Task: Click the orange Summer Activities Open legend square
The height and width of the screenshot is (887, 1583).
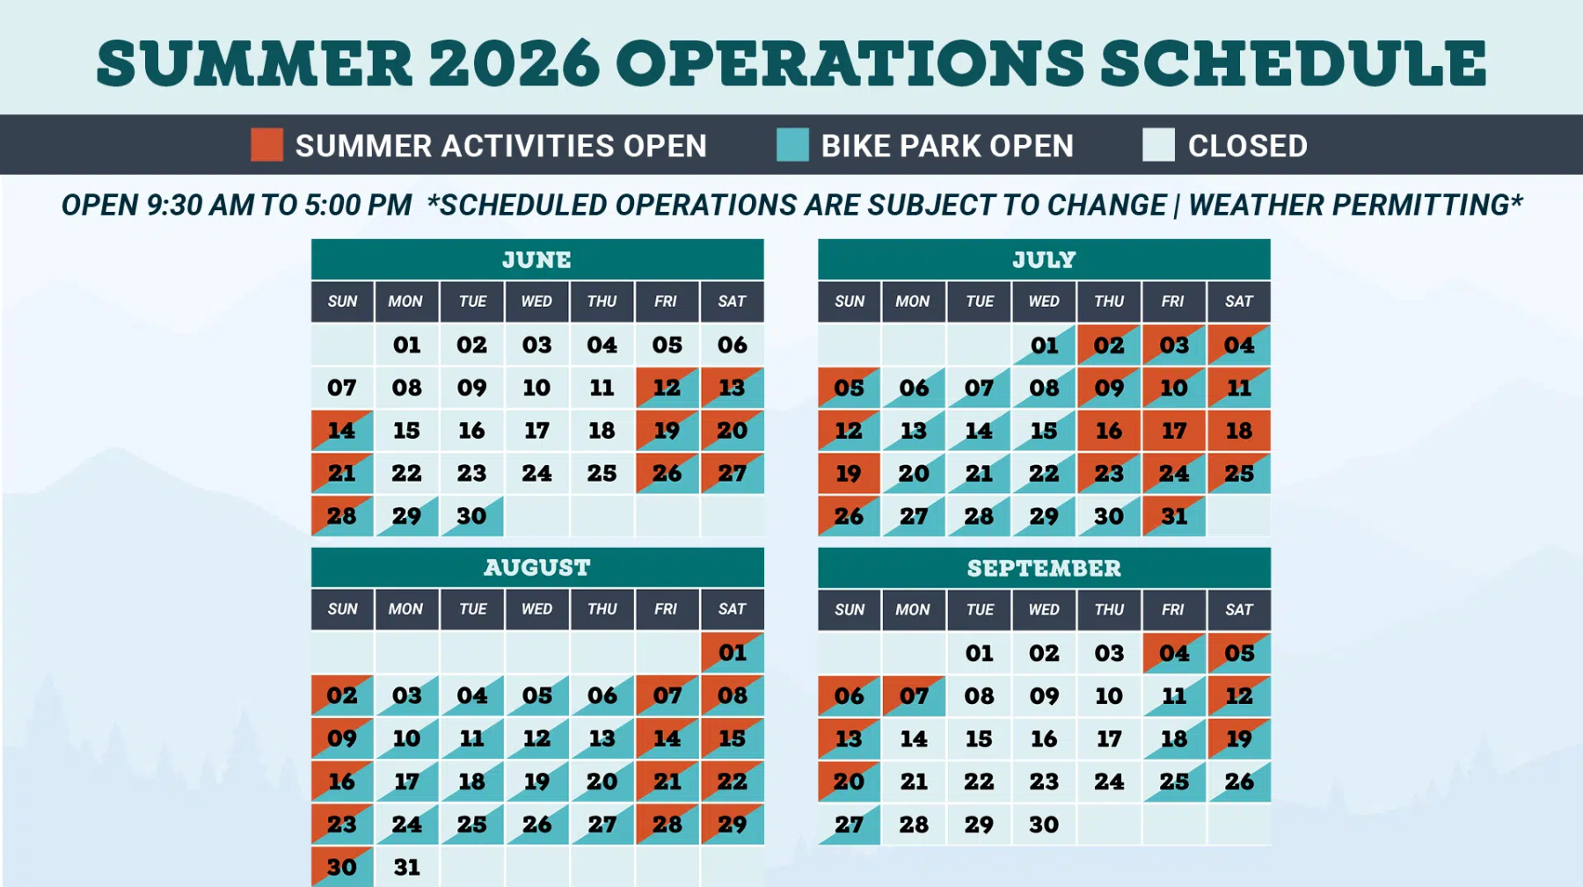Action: coord(266,144)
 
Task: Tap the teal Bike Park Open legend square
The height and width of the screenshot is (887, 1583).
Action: coord(792,144)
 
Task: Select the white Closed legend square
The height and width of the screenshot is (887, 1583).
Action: coord(1158,144)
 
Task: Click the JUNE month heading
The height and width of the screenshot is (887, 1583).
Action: coord(536,260)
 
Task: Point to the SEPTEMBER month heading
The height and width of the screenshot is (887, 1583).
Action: coord(1044,569)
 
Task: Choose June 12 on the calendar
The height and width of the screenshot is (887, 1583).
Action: coord(667,388)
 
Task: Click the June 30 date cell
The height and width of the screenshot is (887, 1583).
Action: coord(471,516)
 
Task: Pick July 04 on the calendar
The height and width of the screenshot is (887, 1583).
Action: coord(1239,345)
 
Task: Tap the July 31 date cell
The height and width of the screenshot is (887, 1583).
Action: coord(1174,516)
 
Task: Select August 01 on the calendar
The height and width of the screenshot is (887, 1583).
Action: coord(732,653)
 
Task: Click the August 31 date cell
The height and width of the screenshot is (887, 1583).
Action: coord(406,867)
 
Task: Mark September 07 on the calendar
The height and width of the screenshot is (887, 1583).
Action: coord(914,696)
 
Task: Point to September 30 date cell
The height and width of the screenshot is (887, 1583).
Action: coord(1044,825)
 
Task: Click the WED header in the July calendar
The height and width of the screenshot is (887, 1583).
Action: coord(1044,302)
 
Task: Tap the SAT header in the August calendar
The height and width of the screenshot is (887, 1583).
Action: coord(732,609)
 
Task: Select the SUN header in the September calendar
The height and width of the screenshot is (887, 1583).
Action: coord(850,609)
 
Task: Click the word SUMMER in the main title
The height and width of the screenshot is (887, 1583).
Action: coord(254,63)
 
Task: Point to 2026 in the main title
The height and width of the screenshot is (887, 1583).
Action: coord(514,63)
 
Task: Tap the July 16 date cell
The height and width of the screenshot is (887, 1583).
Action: coord(1109,431)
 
